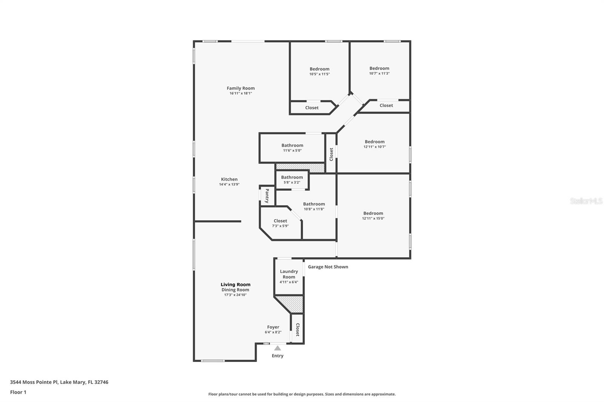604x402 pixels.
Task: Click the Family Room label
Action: [x=240, y=88]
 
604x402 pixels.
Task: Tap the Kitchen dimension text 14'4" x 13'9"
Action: [x=229, y=184]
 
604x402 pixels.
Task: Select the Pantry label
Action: [x=267, y=196]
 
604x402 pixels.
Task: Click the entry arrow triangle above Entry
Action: [x=277, y=348]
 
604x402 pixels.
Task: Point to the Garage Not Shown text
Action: [x=328, y=267]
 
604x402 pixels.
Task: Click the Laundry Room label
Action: [x=289, y=274]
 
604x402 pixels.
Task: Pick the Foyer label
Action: [x=273, y=327]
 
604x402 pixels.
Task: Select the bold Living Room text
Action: [x=236, y=285]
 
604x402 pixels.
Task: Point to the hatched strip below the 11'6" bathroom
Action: [x=300, y=167]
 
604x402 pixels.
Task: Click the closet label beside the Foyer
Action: [x=297, y=330]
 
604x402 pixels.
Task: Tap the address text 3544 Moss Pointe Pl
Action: [x=34, y=382]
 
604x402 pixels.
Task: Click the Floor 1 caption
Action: [x=18, y=392]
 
